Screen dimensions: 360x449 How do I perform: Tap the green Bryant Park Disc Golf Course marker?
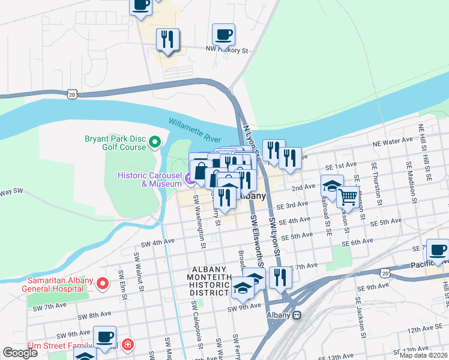point(155,142)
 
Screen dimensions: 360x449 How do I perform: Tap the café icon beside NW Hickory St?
point(223,34)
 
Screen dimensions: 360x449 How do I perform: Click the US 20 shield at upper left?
point(73,94)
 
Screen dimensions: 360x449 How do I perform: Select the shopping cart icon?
point(348,196)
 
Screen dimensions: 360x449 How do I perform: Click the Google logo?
point(20,353)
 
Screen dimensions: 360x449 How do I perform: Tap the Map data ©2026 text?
point(423,355)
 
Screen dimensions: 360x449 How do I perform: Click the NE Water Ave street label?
point(393,142)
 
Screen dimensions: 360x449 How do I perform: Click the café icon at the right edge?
point(438,250)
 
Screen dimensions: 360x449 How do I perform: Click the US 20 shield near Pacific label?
point(384,273)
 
